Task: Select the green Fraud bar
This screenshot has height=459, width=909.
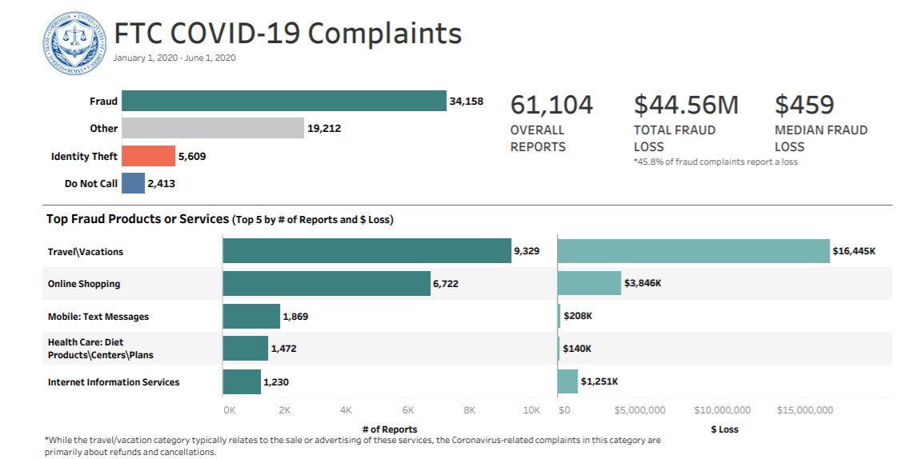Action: tap(284, 101)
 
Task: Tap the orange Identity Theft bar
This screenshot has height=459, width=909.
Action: tap(149, 156)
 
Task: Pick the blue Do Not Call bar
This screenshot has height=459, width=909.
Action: tap(134, 183)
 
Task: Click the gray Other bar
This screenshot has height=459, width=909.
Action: tap(213, 128)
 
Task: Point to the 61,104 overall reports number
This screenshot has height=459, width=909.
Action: tap(551, 105)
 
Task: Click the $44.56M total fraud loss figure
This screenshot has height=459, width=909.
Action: tap(686, 105)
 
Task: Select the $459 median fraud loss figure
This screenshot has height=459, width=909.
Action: tap(804, 105)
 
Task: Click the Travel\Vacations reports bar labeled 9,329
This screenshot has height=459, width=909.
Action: tap(366, 251)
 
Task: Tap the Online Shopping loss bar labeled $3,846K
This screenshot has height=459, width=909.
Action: tap(589, 283)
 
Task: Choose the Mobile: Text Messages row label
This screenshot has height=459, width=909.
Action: tap(98, 317)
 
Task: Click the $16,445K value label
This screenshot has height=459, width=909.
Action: tap(854, 251)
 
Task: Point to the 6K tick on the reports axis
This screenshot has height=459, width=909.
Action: tap(407, 410)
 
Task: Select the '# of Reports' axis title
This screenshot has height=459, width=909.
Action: tap(389, 429)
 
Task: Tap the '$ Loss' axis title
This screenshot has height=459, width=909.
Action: tap(724, 429)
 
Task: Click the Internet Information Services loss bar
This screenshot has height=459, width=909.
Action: tap(567, 381)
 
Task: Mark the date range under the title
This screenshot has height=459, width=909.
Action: tap(174, 58)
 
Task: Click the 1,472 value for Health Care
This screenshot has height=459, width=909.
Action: tap(283, 349)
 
